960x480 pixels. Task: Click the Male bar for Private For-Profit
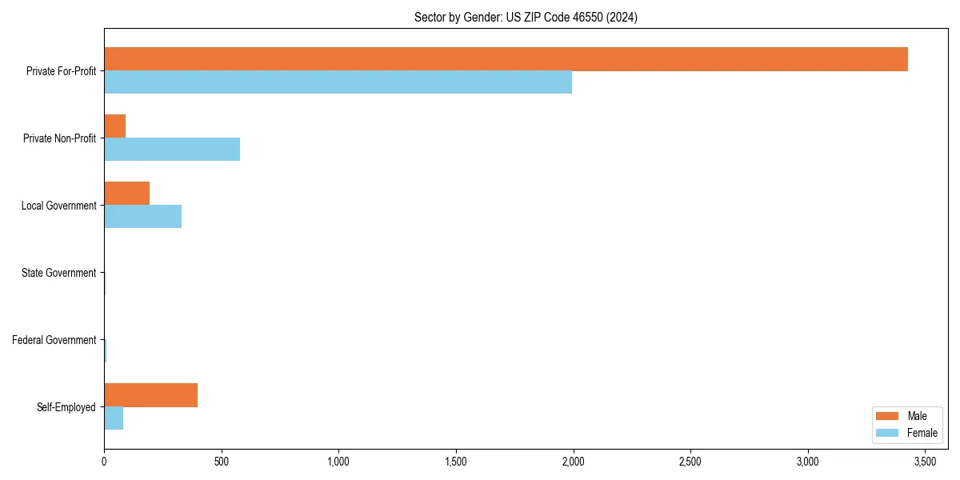click(x=506, y=59)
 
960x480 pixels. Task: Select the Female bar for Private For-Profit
click(x=338, y=82)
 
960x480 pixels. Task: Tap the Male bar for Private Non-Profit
click(x=114, y=126)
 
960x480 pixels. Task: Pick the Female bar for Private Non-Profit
click(x=172, y=150)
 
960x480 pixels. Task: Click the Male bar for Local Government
click(x=126, y=194)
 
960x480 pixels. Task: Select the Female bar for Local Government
click(x=142, y=217)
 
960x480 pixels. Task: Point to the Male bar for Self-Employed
click(x=150, y=395)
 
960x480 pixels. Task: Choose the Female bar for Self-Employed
click(x=114, y=418)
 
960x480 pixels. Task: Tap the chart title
click(x=526, y=17)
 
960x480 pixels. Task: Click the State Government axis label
click(x=58, y=273)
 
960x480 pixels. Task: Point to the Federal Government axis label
click(x=54, y=340)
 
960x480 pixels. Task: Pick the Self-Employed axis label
click(x=66, y=407)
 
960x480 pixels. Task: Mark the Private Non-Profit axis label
click(x=59, y=138)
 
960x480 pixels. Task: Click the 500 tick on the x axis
click(x=222, y=462)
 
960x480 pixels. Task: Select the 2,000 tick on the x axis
click(x=574, y=462)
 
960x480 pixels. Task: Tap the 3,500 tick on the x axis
click(x=926, y=462)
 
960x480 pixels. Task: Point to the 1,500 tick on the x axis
click(x=456, y=462)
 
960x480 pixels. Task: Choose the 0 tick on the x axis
click(x=104, y=462)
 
